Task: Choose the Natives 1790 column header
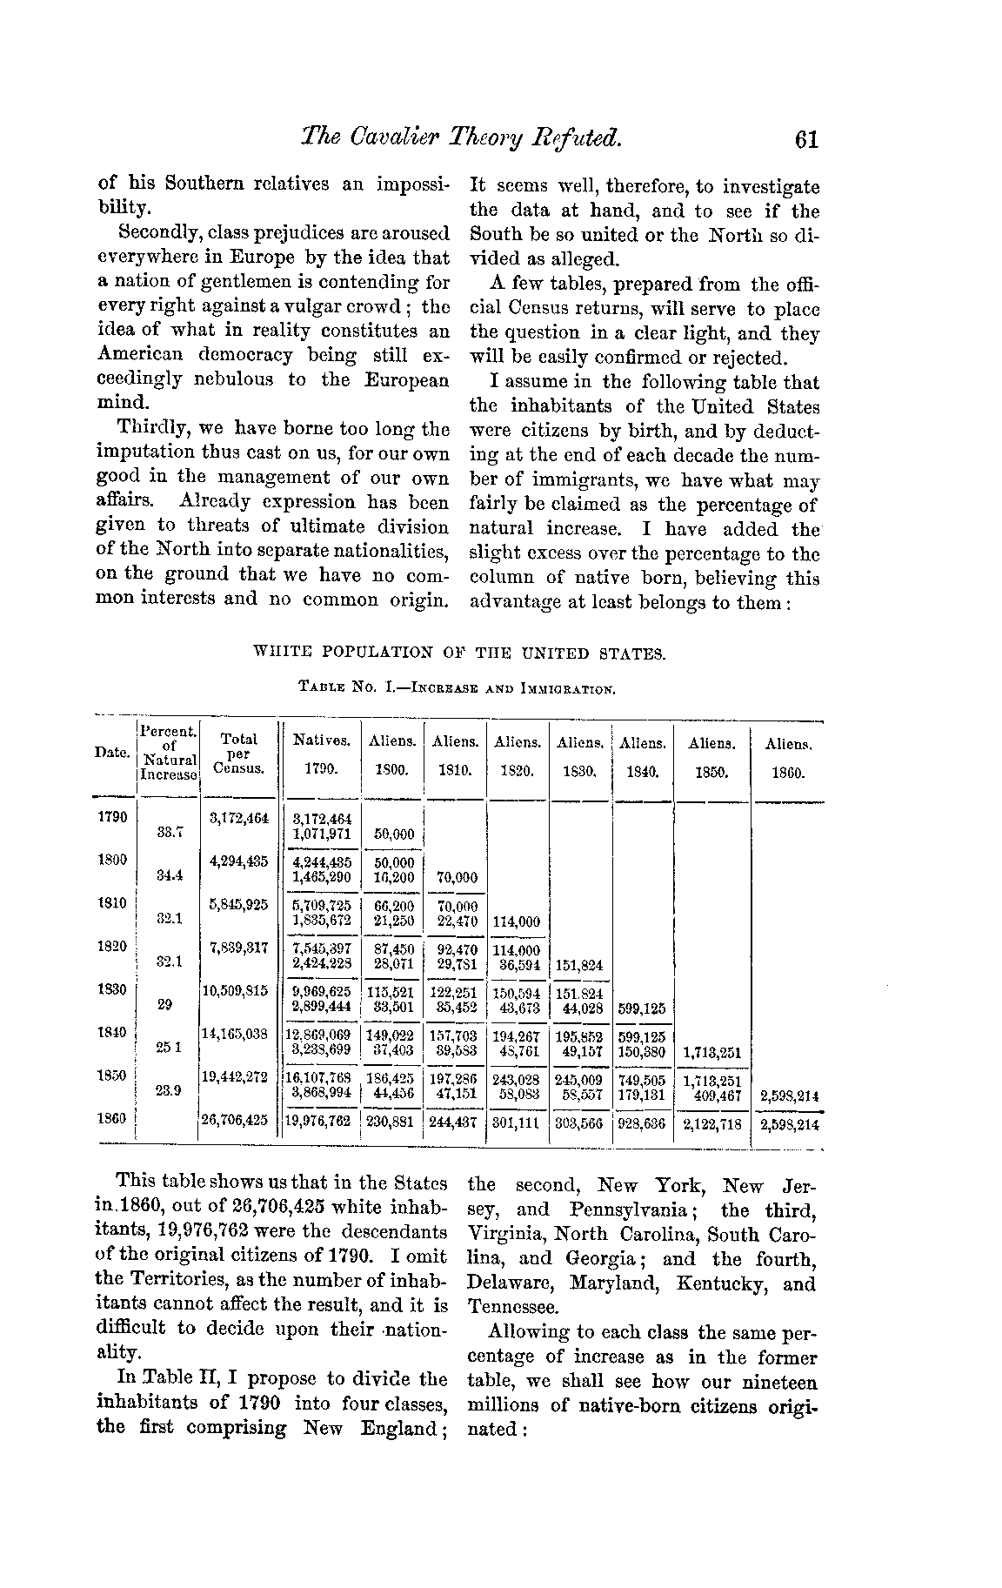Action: pyautogui.click(x=322, y=755)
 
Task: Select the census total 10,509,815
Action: pyautogui.click(x=235, y=990)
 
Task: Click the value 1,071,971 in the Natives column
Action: pyautogui.click(x=322, y=834)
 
